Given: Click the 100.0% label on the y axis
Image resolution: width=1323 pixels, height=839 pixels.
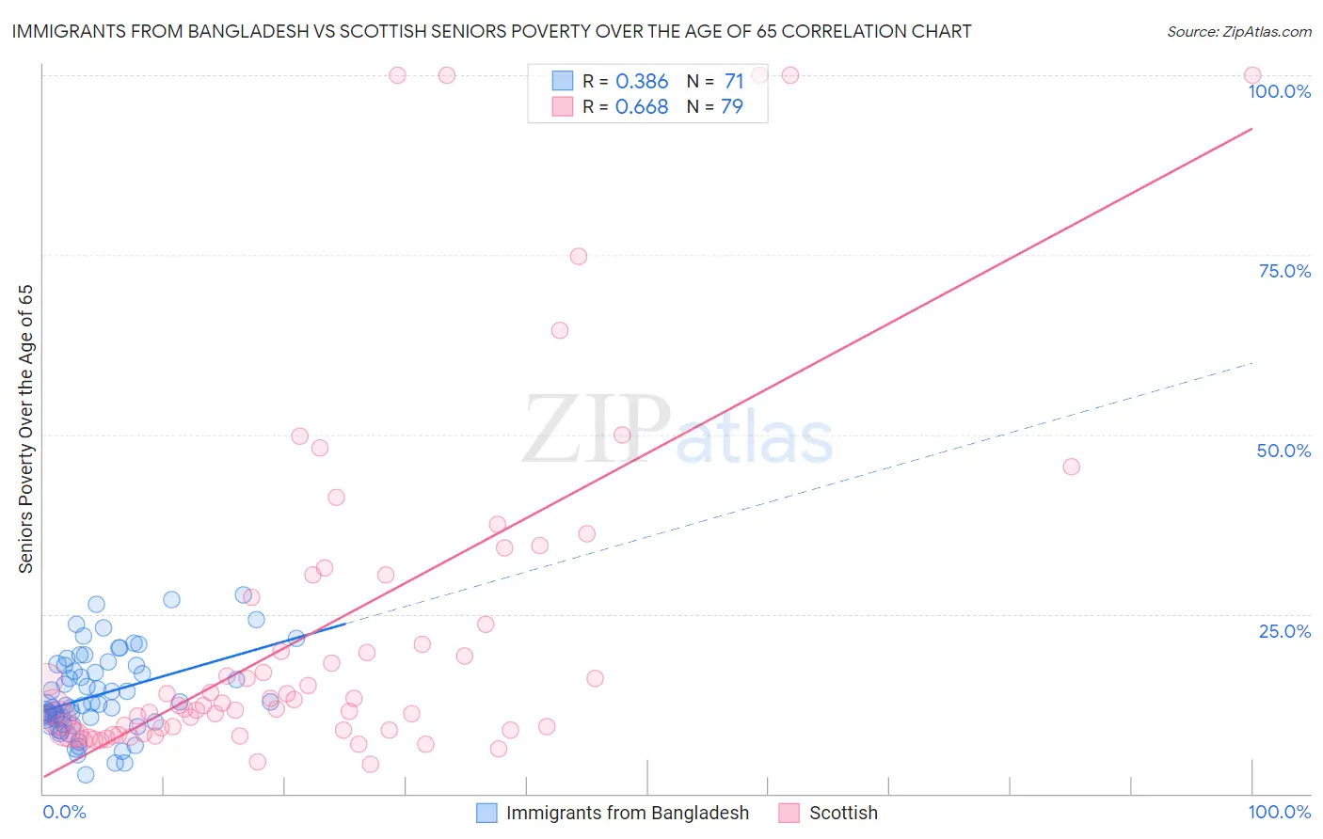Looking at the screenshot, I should pyautogui.click(x=1279, y=91).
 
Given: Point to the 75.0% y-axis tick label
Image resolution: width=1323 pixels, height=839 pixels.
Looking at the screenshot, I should pyautogui.click(x=1284, y=271).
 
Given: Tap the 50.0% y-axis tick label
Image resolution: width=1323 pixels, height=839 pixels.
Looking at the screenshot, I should pyautogui.click(x=1283, y=451).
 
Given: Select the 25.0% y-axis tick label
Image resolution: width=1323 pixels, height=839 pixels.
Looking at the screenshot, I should pyautogui.click(x=1284, y=630).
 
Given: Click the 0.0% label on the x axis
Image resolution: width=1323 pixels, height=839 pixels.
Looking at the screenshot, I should pyautogui.click(x=64, y=812).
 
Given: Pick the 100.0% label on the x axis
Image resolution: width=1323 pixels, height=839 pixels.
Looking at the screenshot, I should pyautogui.click(x=1279, y=812).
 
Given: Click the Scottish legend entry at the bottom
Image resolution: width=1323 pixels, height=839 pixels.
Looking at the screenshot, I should pyautogui.click(x=842, y=813).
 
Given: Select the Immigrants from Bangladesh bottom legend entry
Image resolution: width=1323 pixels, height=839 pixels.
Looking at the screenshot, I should pyautogui.click(x=627, y=813).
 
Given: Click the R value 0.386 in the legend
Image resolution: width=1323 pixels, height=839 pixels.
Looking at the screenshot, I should pyautogui.click(x=641, y=82).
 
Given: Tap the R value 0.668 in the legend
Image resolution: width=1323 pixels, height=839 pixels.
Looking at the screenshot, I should pyautogui.click(x=641, y=107).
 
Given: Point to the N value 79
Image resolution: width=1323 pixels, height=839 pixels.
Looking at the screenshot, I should pyautogui.click(x=732, y=107).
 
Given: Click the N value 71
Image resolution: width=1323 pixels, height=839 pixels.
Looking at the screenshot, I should pyautogui.click(x=734, y=82).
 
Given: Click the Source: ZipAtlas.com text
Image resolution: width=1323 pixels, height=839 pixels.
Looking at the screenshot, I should pyautogui.click(x=1238, y=32).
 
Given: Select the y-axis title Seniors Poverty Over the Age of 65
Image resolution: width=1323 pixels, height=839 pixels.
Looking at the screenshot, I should pyautogui.click(x=26, y=429).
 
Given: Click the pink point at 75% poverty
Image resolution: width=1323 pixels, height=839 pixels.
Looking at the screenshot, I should pyautogui.click(x=579, y=257).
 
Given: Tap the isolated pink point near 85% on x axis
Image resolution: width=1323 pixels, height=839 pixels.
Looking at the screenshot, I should pyautogui.click(x=1071, y=467).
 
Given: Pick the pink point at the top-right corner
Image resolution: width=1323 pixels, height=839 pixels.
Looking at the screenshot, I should pyautogui.click(x=1252, y=75).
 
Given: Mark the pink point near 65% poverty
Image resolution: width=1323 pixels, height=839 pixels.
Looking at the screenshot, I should pyautogui.click(x=560, y=330).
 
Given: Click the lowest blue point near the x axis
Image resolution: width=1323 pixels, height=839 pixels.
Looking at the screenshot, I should pyautogui.click(x=86, y=775).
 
